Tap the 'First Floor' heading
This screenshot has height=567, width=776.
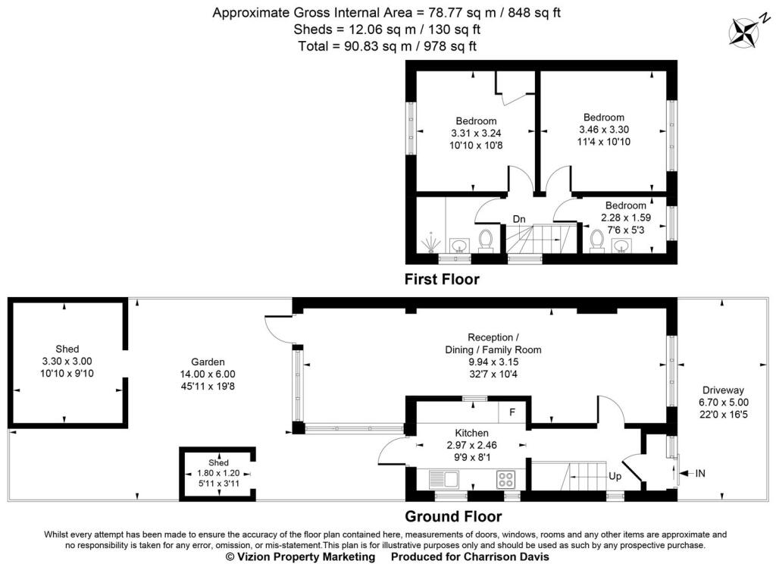(x=442, y=279)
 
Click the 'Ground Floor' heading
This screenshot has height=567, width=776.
(x=452, y=517)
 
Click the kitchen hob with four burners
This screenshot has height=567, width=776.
(x=506, y=479)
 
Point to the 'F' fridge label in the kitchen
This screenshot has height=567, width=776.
(x=512, y=413)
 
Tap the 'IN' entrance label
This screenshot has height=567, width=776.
(x=700, y=474)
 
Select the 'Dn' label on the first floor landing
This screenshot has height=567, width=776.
(x=519, y=219)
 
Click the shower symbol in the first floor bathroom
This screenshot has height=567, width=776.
(x=431, y=243)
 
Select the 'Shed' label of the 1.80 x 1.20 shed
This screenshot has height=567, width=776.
(x=217, y=462)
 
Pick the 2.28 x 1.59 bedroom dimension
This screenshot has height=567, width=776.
(x=625, y=217)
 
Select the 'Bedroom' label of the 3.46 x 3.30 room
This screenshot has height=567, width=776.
(x=603, y=117)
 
